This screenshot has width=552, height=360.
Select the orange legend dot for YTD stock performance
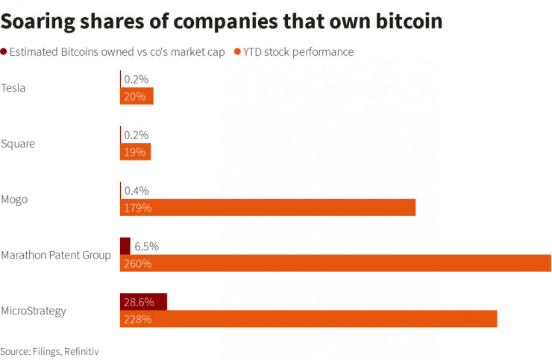tap(237, 52)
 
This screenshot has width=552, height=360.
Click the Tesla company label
tap(13, 88)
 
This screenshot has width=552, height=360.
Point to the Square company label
tap(18, 143)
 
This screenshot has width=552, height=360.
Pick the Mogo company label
tap(16, 199)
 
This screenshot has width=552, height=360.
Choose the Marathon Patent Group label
tap(56, 255)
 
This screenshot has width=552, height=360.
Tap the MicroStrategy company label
tap(34, 310)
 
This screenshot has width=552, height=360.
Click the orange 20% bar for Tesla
tap(137, 96)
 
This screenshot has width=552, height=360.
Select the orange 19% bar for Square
tap(135, 152)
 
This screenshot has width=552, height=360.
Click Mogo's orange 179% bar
tap(268, 207)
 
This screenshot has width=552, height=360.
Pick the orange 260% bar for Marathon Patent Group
tap(336, 263)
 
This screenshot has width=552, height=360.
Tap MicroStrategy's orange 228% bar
tap(308, 319)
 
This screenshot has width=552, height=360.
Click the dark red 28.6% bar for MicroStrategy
tap(143, 302)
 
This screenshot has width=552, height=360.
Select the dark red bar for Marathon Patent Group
tap(125, 246)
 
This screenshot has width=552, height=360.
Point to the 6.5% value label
tap(146, 246)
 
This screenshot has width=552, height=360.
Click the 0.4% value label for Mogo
tap(137, 191)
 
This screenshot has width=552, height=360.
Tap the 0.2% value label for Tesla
tap(137, 79)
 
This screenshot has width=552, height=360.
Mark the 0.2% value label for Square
tap(137, 135)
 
